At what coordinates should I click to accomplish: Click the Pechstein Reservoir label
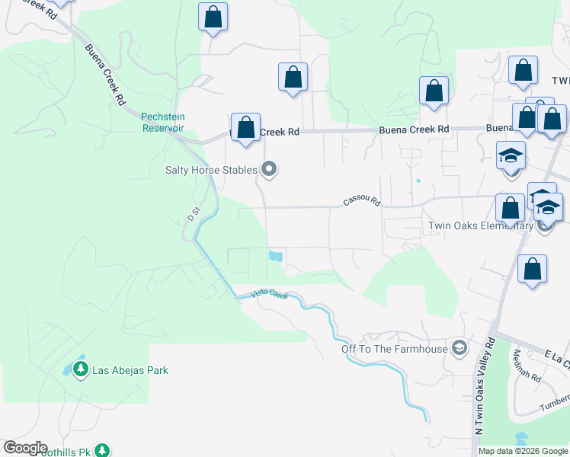pos(163,122)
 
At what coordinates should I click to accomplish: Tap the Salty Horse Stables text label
pos(212,170)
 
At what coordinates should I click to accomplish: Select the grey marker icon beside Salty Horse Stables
pos(268,170)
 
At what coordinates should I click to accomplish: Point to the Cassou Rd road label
pos(361,201)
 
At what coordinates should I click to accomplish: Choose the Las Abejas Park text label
pos(130,370)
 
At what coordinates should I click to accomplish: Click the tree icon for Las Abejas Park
pos(80,370)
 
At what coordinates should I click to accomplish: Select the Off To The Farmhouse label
pos(395,350)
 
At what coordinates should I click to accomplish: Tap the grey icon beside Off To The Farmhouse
pos(459,349)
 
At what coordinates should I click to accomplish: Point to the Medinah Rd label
pos(527,366)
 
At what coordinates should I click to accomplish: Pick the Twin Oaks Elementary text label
pos(481,226)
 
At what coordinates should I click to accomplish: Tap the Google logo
pos(25,448)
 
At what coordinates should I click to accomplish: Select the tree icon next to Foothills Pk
pos(102,452)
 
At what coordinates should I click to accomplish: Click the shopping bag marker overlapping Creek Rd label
pos(246,128)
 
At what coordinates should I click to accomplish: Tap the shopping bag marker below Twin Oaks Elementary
pos(532,270)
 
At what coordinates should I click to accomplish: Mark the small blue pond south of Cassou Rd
pos(276,257)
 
